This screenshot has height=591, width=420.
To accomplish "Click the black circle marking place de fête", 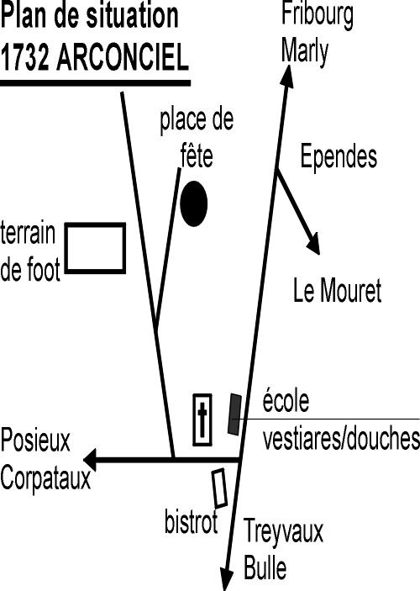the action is coord(193,203).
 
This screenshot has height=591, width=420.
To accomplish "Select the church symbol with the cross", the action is coord(202,420).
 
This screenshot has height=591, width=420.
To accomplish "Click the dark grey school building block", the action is coord(234,414).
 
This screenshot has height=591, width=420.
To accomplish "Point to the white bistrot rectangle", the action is coord(219,488).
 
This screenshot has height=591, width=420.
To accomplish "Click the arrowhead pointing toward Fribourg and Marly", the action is coord(287,77).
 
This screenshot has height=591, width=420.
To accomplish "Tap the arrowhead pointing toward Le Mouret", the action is coord(314,244).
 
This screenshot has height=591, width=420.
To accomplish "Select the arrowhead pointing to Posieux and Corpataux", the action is coord(90,460).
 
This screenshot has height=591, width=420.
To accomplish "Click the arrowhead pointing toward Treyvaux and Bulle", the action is coord(227,578).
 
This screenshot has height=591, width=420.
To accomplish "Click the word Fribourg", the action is coord(318,15).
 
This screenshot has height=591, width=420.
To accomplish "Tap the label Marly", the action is coord(305,52).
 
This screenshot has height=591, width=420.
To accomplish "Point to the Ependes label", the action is coord(339,157).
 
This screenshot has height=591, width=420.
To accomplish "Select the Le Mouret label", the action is coord(337,291).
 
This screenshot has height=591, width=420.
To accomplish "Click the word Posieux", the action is coord(35,441).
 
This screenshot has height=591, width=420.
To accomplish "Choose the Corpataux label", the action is coord(45,478).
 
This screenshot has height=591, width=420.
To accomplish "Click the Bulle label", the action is coord(265,567).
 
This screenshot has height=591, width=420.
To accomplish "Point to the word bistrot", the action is coord(192,520).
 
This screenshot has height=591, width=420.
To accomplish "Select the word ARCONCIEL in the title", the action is coord(123,58).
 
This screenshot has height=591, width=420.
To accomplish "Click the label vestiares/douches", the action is coord(341,439).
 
